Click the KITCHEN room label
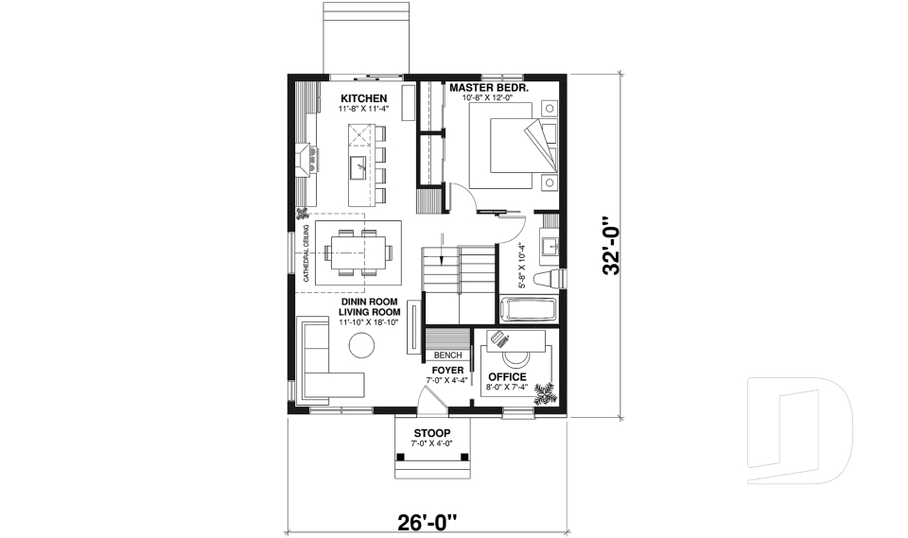pos(363,98)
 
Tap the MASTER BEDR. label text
pos(488,87)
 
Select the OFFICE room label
pos(507,377)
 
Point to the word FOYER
pos(446,370)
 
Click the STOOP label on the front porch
pos(431,433)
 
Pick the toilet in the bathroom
pos(547,278)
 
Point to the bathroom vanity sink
pos(549,248)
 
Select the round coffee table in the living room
pos(362,347)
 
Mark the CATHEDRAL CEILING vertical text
pos(306,252)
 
